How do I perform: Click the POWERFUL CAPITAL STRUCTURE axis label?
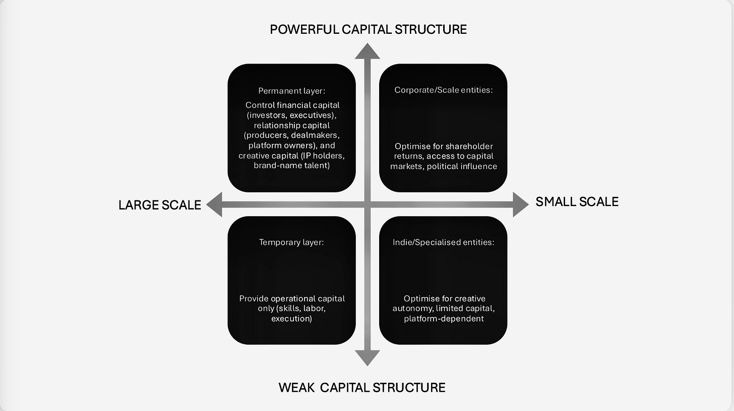[368, 29]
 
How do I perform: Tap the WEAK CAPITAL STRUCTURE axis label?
[362, 387]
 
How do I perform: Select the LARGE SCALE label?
[160, 204]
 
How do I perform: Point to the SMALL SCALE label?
[577, 201]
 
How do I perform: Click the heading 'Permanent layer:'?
[291, 91]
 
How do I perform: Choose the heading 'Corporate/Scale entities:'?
[443, 90]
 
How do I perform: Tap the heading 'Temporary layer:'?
[291, 242]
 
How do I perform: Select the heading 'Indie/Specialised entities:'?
[443, 242]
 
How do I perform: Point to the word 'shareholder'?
[469, 146]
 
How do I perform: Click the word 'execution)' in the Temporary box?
[291, 319]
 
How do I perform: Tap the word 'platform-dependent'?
[444, 319]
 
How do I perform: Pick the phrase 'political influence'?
[462, 166]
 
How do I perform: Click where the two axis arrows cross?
[368, 204]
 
